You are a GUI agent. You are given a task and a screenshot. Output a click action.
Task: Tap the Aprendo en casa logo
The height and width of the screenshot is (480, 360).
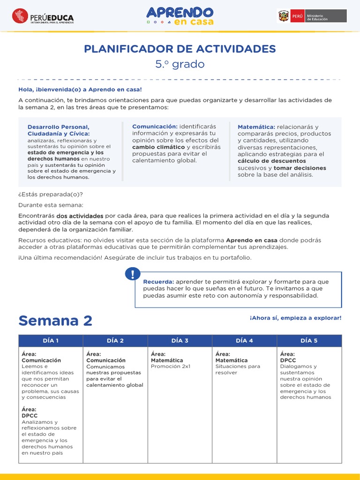(180, 16)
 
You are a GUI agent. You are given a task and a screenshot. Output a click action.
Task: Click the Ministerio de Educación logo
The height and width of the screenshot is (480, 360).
(312, 16)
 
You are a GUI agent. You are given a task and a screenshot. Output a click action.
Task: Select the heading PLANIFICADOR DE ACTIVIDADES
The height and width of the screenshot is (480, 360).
(180, 49)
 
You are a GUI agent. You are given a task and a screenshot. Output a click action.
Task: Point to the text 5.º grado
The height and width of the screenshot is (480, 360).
(180, 64)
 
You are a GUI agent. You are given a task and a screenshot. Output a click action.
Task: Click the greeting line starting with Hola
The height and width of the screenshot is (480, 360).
(80, 89)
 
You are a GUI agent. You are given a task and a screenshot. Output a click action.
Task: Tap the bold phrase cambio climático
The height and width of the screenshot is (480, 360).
(158, 147)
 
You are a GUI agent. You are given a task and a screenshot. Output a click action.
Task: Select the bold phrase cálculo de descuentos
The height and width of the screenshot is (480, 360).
(272, 161)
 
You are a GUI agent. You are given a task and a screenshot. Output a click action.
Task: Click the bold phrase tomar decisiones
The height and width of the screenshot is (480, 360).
(300, 168)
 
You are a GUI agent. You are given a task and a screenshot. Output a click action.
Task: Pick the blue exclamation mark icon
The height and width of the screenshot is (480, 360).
(133, 274)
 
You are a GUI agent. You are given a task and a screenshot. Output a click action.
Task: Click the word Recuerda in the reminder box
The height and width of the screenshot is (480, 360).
(158, 282)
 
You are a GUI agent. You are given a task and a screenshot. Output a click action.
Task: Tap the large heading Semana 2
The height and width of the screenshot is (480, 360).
(55, 321)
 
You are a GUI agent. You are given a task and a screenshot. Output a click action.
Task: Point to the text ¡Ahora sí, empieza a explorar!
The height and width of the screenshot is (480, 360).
(296, 318)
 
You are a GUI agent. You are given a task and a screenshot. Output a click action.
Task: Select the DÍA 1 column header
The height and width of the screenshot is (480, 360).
(51, 341)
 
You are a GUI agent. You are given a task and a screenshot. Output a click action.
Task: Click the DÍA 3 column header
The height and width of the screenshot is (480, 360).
(180, 341)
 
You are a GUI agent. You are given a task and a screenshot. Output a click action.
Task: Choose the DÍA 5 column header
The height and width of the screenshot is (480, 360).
(309, 341)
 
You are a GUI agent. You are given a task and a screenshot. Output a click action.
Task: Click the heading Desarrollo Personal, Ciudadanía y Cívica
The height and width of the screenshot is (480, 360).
(59, 130)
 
